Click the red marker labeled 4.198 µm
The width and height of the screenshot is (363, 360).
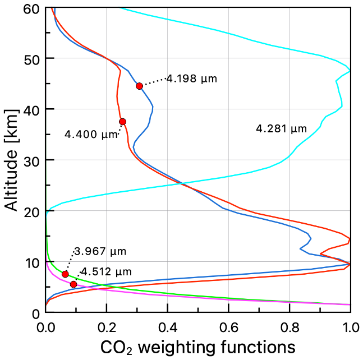click(139, 86)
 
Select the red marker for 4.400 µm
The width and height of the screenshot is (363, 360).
click(122, 122)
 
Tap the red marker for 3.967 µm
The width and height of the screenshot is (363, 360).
click(65, 274)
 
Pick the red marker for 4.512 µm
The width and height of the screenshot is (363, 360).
click(73, 284)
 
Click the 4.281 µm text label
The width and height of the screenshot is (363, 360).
click(281, 129)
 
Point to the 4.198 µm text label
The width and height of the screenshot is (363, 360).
click(191, 79)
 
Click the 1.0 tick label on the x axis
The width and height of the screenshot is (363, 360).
click(350, 326)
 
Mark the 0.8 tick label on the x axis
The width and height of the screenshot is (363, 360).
click(289, 326)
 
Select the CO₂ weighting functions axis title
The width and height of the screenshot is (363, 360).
click(197, 346)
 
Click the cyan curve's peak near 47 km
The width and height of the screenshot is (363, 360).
click(350, 71)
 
